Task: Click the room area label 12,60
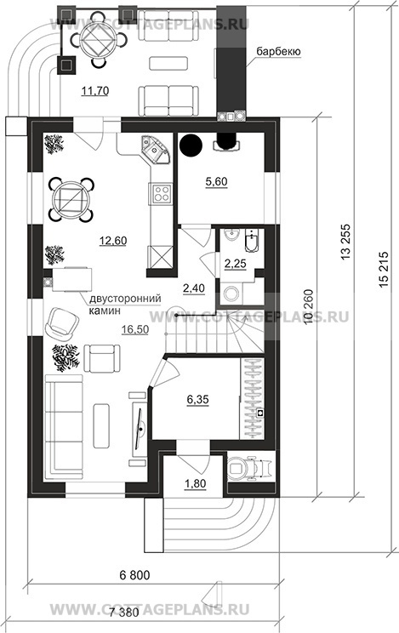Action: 113,241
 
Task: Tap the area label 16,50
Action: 135,329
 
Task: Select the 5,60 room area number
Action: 216,182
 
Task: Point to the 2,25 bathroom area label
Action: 235,264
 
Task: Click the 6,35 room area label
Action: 198,400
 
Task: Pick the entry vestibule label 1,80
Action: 196,483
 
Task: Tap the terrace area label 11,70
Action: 95,91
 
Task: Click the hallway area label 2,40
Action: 194,288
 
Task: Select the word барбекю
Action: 278,52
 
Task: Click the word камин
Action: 105,311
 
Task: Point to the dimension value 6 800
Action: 134,574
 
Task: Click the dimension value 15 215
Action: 384,270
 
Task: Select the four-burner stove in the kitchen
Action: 161,193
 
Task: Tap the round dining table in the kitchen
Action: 71,199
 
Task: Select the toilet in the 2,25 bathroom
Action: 231,293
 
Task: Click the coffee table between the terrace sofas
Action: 168,63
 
